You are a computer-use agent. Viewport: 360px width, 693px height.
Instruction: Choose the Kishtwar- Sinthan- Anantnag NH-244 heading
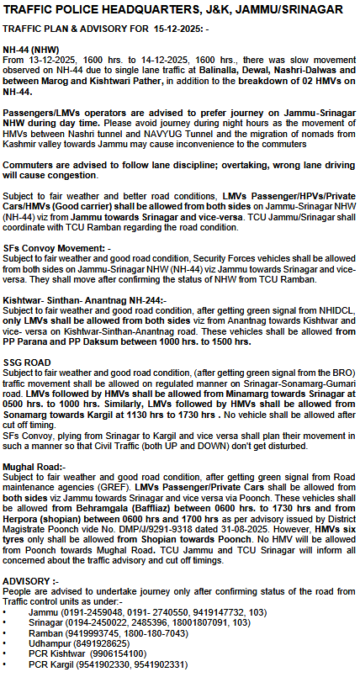pyautogui.click(x=85, y=299)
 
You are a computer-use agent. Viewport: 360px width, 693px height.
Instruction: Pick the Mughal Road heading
pyautogui.click(x=34, y=466)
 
